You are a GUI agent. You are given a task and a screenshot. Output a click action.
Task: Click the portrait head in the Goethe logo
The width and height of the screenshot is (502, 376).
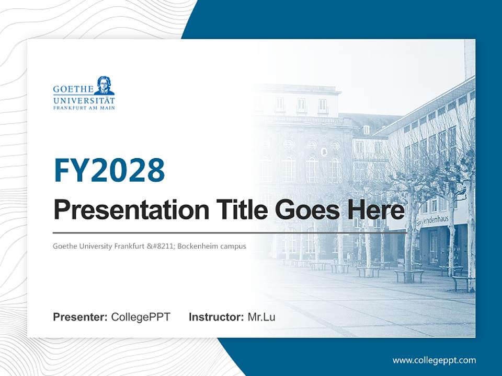[x=105, y=86]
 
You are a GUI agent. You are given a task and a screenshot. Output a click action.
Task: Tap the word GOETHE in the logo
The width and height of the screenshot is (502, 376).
[x=73, y=89]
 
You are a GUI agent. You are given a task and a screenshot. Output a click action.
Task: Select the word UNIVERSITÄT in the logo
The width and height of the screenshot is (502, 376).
[x=84, y=100]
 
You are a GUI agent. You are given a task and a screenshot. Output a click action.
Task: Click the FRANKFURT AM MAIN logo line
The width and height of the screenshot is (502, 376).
[x=84, y=108]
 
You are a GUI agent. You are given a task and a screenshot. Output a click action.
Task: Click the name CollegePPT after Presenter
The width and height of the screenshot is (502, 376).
[x=141, y=317]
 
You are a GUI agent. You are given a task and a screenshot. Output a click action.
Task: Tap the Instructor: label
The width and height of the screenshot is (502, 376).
[x=216, y=317]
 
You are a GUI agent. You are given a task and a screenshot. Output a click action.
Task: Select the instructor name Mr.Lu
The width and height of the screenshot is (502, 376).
[x=261, y=317]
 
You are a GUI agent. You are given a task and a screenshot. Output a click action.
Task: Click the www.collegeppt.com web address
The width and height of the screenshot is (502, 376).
[x=434, y=360]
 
